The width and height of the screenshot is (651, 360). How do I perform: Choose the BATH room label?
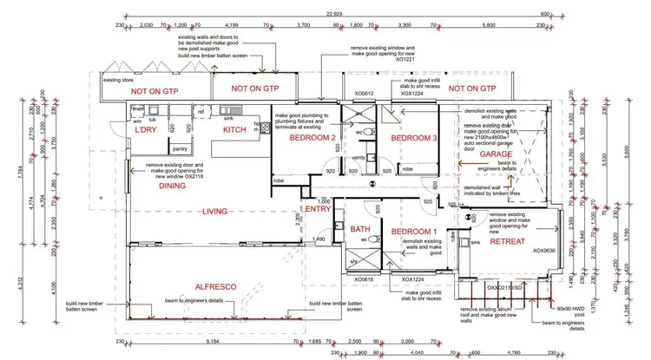[361, 231]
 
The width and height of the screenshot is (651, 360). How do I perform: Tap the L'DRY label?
[145, 130]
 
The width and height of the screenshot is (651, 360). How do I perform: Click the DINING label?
[173, 185]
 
